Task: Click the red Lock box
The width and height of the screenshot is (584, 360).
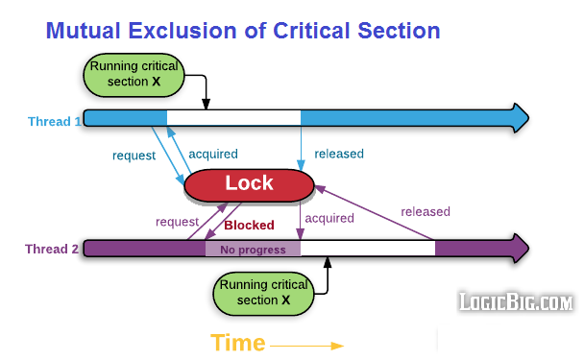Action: [249, 184]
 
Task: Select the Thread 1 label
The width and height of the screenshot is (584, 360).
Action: [54, 120]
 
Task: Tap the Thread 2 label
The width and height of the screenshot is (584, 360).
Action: [52, 250]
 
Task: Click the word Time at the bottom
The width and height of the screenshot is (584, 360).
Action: [238, 344]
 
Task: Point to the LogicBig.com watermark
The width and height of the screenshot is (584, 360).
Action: [515, 302]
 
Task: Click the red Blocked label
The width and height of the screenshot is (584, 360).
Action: [249, 226]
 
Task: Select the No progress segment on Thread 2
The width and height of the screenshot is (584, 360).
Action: [253, 250]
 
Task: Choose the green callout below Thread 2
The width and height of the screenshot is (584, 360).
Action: [263, 293]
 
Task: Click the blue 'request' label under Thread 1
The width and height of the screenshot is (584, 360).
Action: [134, 155]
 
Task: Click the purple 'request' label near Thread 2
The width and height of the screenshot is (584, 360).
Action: [177, 222]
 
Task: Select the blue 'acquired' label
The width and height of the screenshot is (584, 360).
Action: [212, 154]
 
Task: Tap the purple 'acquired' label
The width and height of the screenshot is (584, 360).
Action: [328, 218]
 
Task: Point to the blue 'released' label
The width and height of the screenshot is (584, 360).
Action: [339, 154]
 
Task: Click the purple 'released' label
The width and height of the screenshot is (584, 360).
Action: [425, 211]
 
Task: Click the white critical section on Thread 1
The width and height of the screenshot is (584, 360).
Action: [233, 118]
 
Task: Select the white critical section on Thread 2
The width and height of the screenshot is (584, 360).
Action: [368, 249]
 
